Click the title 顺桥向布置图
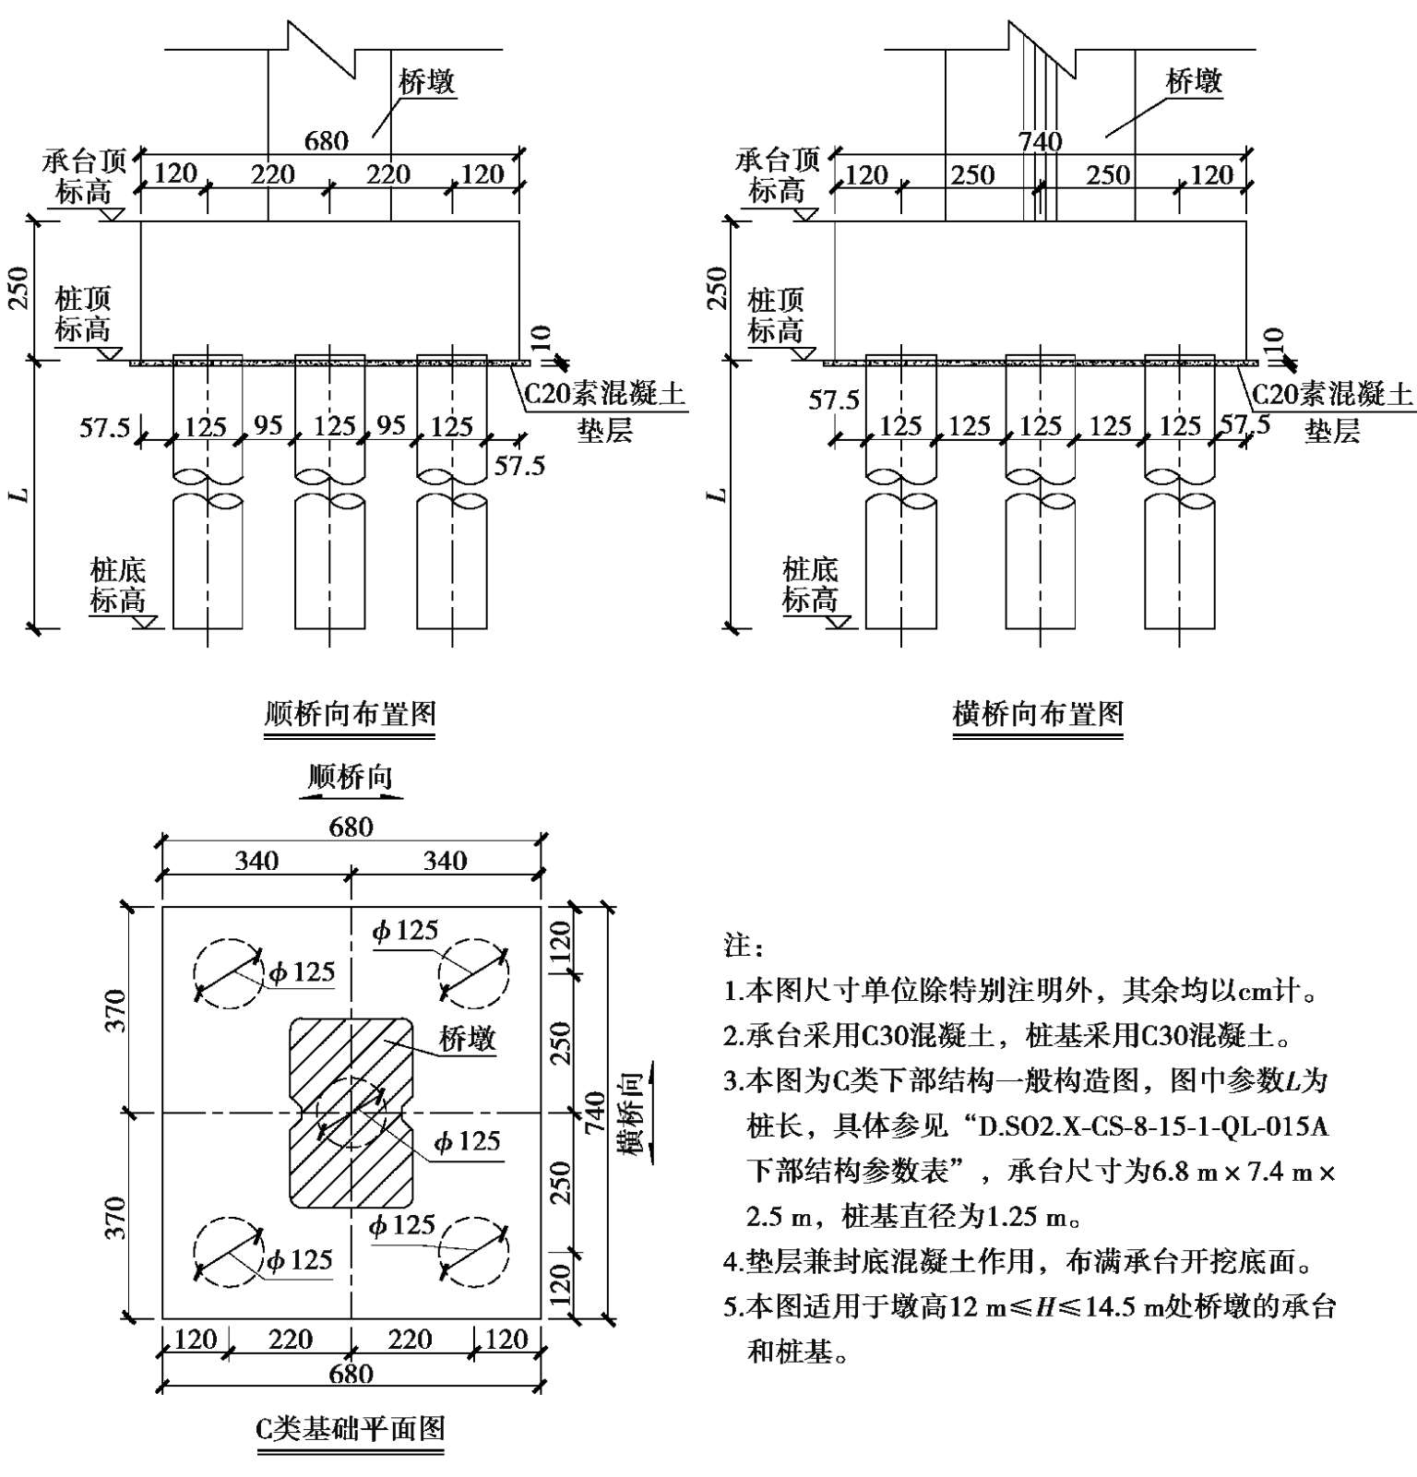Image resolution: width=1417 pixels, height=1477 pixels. [350, 713]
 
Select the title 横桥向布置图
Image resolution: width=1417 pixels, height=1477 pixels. [1038, 713]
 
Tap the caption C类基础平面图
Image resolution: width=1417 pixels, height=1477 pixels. [351, 1428]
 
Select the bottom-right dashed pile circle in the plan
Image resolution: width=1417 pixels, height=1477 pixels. [473, 1251]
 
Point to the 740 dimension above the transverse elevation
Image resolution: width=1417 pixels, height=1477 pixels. [1040, 141]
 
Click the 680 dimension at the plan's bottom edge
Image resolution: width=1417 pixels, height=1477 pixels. [351, 1374]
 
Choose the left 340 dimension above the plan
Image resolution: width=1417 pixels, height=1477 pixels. [256, 861]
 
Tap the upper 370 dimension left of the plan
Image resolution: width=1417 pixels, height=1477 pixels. [114, 1010]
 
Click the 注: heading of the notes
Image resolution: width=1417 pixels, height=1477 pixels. [744, 947]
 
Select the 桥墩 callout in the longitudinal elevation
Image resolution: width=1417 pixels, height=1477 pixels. [426, 82]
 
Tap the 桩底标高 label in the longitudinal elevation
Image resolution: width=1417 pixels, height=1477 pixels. [117, 585]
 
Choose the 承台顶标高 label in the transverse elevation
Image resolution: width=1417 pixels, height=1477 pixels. [777, 176]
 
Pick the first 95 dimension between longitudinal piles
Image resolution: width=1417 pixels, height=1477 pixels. [268, 425]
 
